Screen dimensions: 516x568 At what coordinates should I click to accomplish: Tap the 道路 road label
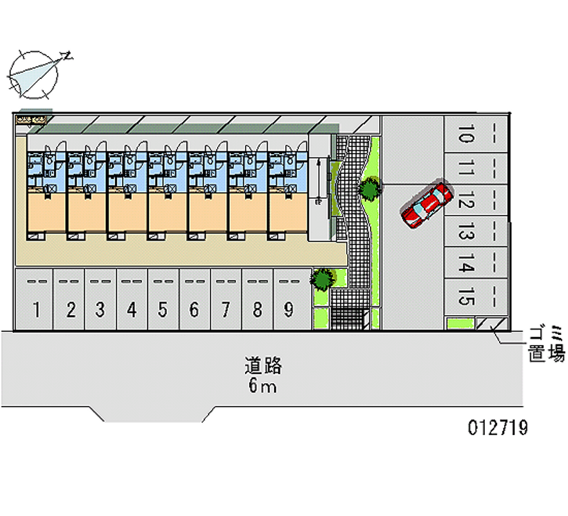click(x=263, y=366)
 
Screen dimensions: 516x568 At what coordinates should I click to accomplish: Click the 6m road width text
click(x=263, y=387)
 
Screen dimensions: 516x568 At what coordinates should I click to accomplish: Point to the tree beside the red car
click(x=368, y=189)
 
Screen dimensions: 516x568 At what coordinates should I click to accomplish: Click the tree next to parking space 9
click(x=323, y=278)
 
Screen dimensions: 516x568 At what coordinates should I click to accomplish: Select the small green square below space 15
click(x=459, y=324)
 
